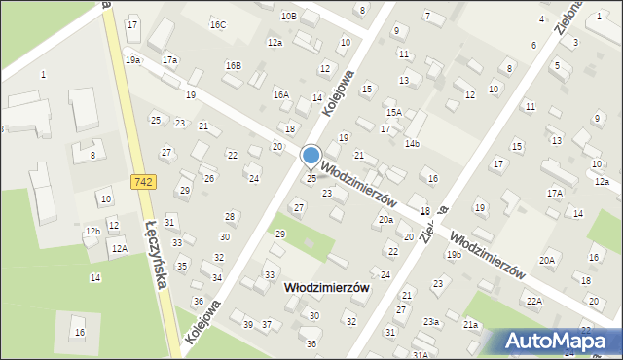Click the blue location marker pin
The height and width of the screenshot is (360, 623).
pyautogui.click(x=311, y=156)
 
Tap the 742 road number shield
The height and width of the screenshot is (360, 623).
pyautogui.click(x=140, y=182)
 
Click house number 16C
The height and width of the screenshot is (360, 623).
pyautogui.click(x=217, y=24)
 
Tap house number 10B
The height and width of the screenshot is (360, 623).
pyautogui.click(x=288, y=16)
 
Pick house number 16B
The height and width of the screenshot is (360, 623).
pyautogui.click(x=233, y=65)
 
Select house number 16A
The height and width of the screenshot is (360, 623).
pyautogui.click(x=281, y=94)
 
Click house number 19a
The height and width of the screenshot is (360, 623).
pyautogui.click(x=132, y=60)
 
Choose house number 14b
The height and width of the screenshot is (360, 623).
pyautogui.click(x=412, y=143)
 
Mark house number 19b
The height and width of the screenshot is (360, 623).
pyautogui.click(x=454, y=254)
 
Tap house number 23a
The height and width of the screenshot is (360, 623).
pyautogui.click(x=430, y=322)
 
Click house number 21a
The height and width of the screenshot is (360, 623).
pyautogui.click(x=471, y=324)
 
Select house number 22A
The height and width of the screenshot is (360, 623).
pyautogui.click(x=534, y=301)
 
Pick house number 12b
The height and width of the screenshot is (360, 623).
pyautogui.click(x=92, y=231)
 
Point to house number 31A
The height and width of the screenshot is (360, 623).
pyautogui.click(x=420, y=355)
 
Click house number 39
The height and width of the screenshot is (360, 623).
pyautogui.click(x=248, y=324)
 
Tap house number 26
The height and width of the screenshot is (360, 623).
pyautogui.click(x=208, y=179)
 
